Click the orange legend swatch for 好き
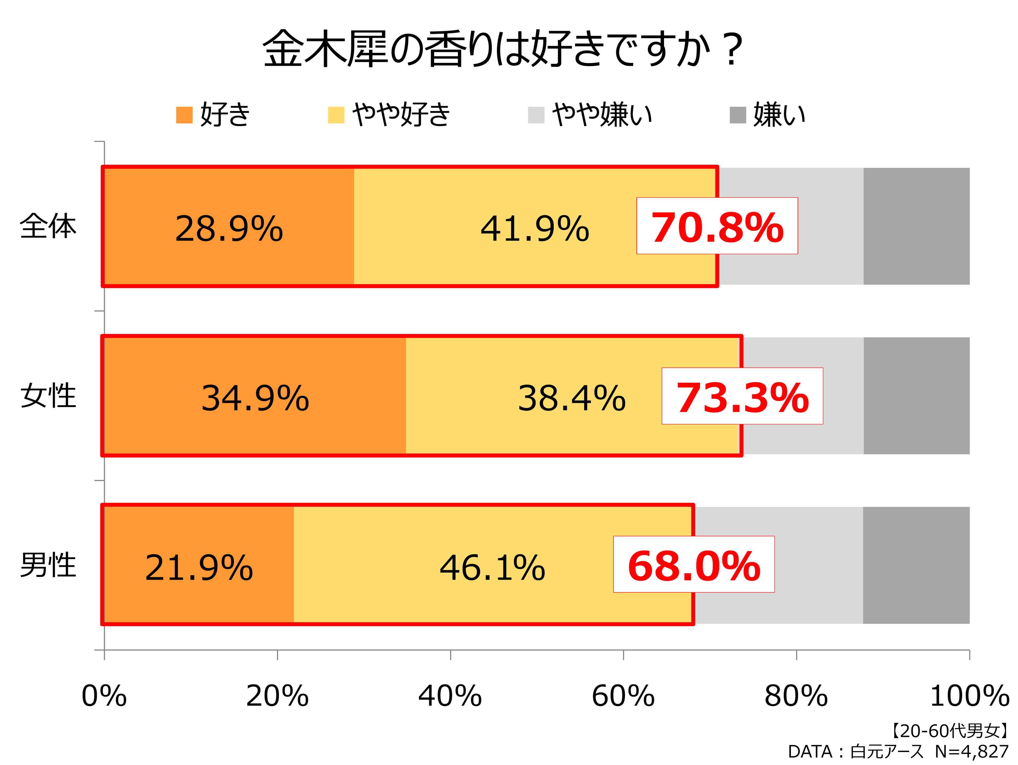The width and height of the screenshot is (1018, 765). [184, 115]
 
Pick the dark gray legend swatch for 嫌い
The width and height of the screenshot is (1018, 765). [737, 115]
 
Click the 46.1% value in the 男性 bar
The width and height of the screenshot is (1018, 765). [493, 568]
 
